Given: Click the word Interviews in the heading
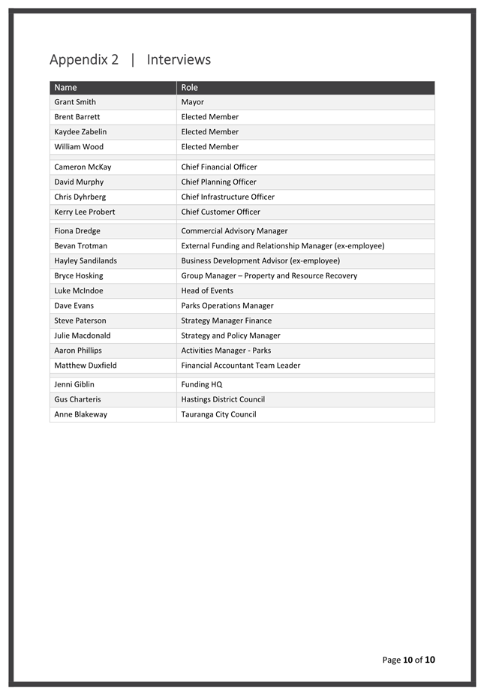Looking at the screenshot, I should click(179, 60).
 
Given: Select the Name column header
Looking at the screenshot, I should click(65, 88).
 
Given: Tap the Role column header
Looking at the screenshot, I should click(189, 88).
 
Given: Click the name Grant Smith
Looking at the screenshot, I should click(75, 102).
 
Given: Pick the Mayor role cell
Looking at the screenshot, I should click(192, 102).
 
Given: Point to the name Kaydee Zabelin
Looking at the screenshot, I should click(80, 132).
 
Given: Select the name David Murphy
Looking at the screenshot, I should click(79, 182).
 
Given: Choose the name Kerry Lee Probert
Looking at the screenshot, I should click(85, 212).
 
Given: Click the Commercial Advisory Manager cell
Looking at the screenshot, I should click(234, 231).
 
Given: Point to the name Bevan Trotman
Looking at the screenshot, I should click(80, 246).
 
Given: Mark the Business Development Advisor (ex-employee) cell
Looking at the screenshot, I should click(260, 261).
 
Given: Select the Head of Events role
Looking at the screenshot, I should click(207, 291).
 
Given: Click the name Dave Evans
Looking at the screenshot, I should click(74, 306).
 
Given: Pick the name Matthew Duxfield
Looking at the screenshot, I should click(86, 366).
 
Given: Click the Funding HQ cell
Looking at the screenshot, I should click(201, 385).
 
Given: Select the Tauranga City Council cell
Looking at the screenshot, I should click(218, 415).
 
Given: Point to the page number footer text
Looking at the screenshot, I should click(408, 660).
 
